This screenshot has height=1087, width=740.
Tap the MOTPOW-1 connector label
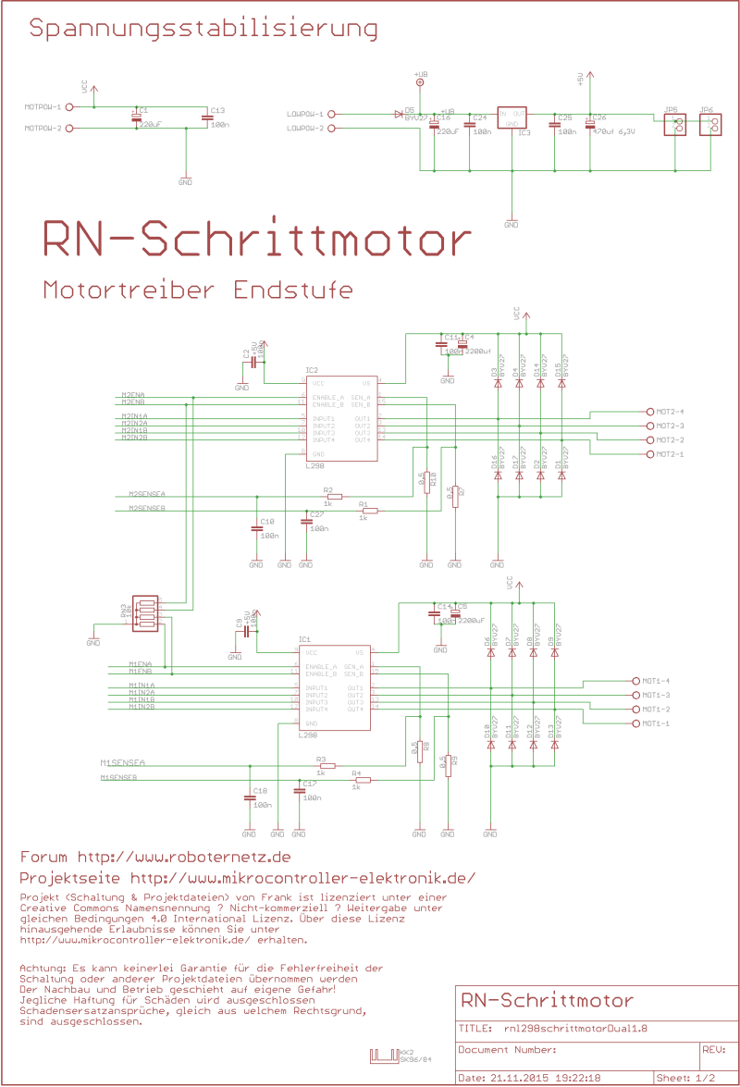[x=43, y=107]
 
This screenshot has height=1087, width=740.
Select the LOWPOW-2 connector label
[x=305, y=129]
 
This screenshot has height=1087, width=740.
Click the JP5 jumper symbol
[x=679, y=126]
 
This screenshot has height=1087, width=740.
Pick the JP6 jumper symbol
[x=711, y=126]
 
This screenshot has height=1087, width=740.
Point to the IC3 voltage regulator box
[x=512, y=117]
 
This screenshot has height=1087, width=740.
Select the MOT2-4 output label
[x=670, y=411]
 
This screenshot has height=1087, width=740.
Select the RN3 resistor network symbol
[x=146, y=612]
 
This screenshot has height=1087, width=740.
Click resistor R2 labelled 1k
[x=334, y=497]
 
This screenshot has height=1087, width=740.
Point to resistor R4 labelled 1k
[x=362, y=780]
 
